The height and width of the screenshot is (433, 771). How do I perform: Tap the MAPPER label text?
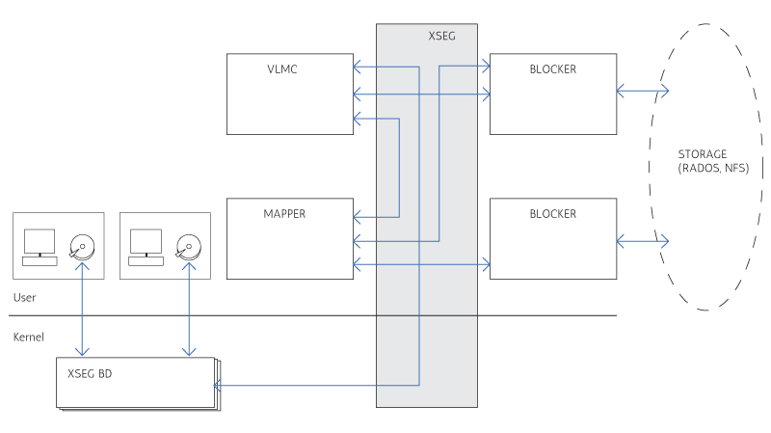[x=283, y=214]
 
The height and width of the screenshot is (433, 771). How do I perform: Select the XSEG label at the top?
[x=441, y=36]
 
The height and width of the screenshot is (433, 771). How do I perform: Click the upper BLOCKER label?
[x=553, y=69]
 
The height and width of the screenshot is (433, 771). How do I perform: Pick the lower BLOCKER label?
[x=553, y=214]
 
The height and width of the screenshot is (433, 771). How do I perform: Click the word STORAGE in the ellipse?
[x=703, y=154]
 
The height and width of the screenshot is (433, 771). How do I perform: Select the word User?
[x=26, y=297]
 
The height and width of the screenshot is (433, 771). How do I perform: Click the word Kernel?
[x=30, y=337]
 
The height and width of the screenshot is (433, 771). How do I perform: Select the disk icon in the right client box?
[x=187, y=247]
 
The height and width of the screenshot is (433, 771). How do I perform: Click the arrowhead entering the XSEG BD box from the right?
[x=218, y=386]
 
